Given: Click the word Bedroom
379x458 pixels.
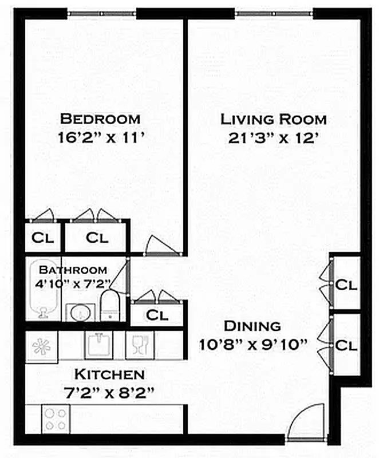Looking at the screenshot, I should point(100,119).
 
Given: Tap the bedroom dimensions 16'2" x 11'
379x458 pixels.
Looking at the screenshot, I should point(100,138).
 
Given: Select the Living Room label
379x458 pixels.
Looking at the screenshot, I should point(274,120).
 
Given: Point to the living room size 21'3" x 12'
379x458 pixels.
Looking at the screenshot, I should point(274,139).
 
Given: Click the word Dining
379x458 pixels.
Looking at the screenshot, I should point(252,326).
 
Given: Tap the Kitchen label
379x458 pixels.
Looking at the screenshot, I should point(109,375).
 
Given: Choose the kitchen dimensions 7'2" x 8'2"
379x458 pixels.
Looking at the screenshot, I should point(109,393).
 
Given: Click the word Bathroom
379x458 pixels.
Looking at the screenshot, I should point(72,270).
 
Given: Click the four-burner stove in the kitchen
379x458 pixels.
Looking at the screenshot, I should point(56,418).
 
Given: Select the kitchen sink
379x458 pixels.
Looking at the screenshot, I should point(99,345).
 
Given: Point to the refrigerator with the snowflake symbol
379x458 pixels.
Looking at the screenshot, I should point(42,346).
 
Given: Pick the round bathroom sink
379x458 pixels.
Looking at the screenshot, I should point(79,313).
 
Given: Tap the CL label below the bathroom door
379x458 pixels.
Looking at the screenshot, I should point(156,315).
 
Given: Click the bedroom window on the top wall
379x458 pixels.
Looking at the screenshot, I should point(102,13).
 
